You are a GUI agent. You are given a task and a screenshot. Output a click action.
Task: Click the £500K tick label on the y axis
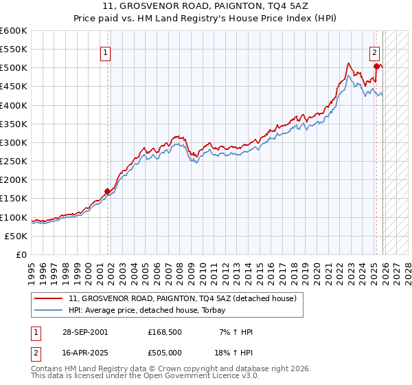tap(14, 68)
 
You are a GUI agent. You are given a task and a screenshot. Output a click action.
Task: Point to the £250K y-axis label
tap(14, 162)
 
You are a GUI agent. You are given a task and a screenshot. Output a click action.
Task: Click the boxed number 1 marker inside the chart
tap(106, 53)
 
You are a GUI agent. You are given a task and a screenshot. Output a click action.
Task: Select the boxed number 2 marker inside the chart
tap(375, 53)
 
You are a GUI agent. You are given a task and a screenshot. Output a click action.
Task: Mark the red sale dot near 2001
tap(107, 192)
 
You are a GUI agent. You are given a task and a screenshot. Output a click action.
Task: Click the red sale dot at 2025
tap(376, 67)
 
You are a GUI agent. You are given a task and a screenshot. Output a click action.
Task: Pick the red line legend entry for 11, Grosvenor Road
tap(182, 298)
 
